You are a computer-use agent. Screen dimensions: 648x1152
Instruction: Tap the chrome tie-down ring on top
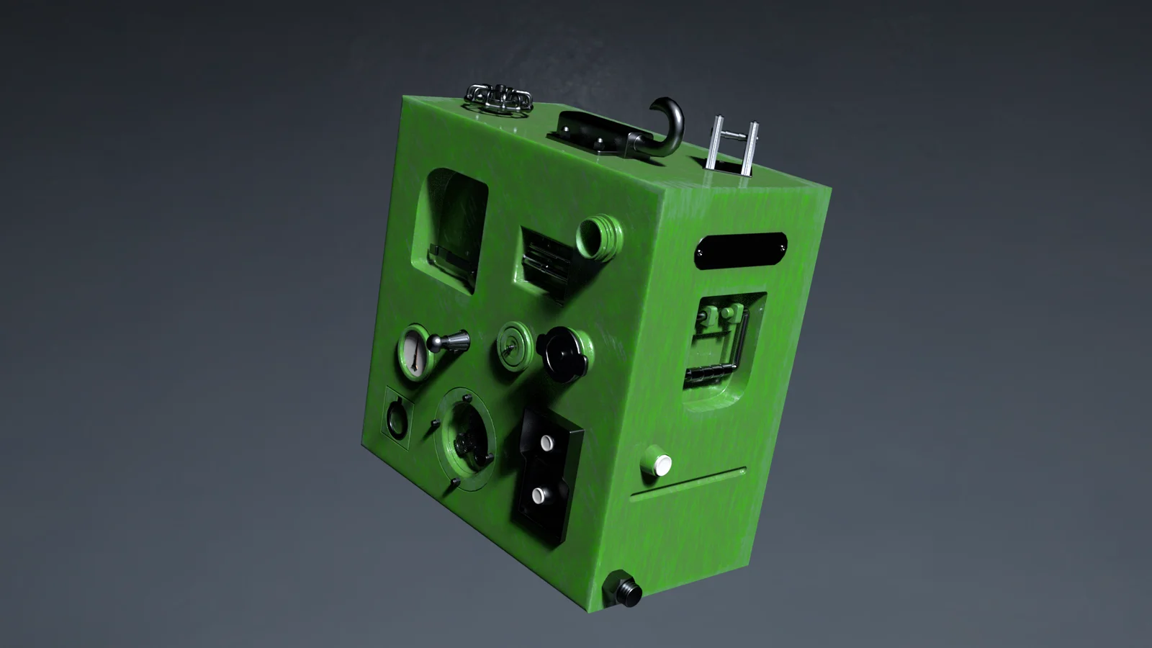click(x=498, y=97)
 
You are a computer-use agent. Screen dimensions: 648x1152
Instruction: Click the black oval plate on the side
click(x=740, y=250)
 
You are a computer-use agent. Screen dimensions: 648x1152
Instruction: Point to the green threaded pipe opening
click(x=599, y=237)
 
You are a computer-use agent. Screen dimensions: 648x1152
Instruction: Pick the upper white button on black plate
click(x=546, y=442)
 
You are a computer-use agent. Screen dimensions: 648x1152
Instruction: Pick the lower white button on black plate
click(x=538, y=495)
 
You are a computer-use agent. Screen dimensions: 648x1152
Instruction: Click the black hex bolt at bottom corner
click(x=623, y=588)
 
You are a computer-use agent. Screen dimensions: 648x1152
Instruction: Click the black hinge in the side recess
click(x=709, y=373)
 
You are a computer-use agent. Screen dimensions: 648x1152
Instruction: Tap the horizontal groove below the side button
click(x=688, y=484)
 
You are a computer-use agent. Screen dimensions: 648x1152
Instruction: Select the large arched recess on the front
click(x=451, y=227)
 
